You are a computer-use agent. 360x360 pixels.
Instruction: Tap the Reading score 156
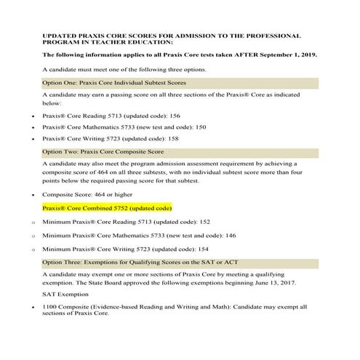click(175, 114)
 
